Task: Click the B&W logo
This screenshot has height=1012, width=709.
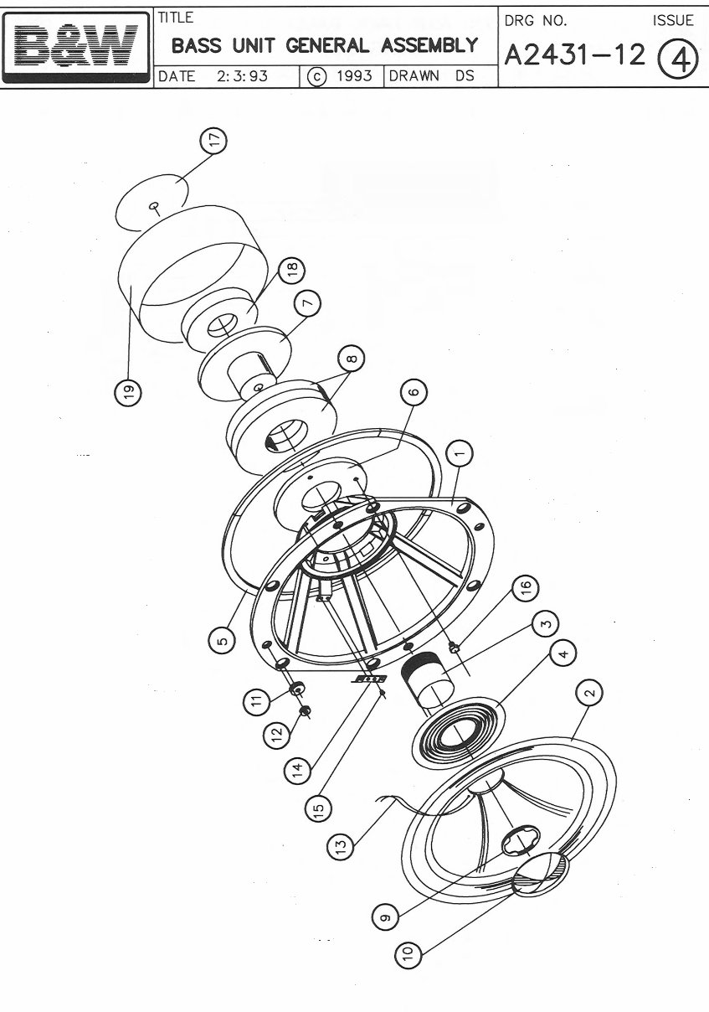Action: tap(76, 48)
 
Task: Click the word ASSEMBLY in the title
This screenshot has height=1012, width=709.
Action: tap(429, 45)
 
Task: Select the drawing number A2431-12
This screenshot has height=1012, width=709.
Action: tap(574, 55)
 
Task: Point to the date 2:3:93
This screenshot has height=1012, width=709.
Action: tap(242, 76)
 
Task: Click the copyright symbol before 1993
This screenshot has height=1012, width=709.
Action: tap(316, 76)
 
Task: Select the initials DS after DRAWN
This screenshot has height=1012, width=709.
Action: tap(465, 75)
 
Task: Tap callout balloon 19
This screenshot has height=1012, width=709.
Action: tap(128, 392)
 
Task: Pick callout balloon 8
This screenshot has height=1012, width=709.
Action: tap(352, 359)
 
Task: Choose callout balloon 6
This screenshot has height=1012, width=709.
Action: tap(414, 391)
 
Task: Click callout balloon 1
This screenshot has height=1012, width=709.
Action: tap(459, 453)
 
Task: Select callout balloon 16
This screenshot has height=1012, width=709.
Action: tap(524, 589)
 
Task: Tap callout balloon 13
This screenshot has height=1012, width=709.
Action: tap(340, 844)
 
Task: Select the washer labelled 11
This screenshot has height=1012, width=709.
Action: tap(297, 689)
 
